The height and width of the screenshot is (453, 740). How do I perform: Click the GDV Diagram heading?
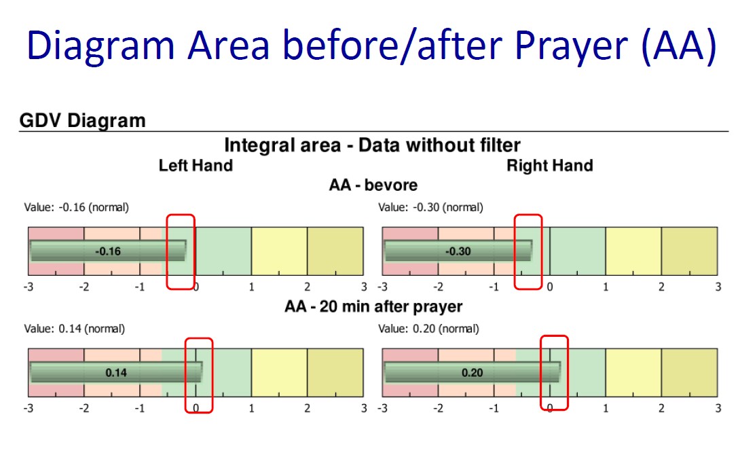(83, 121)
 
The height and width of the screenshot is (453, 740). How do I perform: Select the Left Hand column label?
(196, 166)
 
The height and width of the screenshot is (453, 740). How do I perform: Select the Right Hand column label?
(550, 166)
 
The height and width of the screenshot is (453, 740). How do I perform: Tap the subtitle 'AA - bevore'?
(373, 185)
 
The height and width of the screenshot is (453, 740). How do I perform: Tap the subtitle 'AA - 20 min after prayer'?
(373, 307)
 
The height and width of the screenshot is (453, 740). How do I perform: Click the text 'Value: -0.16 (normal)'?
(77, 207)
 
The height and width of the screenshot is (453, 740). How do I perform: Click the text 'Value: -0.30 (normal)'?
(431, 207)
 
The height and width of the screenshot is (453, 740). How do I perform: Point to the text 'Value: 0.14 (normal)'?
(75, 329)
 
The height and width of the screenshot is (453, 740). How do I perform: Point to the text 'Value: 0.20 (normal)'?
(428, 329)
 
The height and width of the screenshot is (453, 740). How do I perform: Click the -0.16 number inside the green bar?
(108, 251)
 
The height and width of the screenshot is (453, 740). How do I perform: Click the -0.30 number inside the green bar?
(458, 251)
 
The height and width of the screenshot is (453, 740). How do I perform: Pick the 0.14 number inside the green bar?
(116, 373)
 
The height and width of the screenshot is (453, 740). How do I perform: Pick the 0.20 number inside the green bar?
(473, 373)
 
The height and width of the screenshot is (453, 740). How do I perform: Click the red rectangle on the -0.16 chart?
(167, 251)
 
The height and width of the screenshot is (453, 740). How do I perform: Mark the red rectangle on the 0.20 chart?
(541, 373)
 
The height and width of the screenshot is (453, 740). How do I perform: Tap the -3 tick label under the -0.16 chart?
(29, 287)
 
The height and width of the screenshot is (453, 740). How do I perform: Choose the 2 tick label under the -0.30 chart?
(661, 287)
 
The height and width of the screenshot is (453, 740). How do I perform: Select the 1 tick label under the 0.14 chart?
(252, 408)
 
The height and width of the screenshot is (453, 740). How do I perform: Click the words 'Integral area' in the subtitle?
(282, 145)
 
